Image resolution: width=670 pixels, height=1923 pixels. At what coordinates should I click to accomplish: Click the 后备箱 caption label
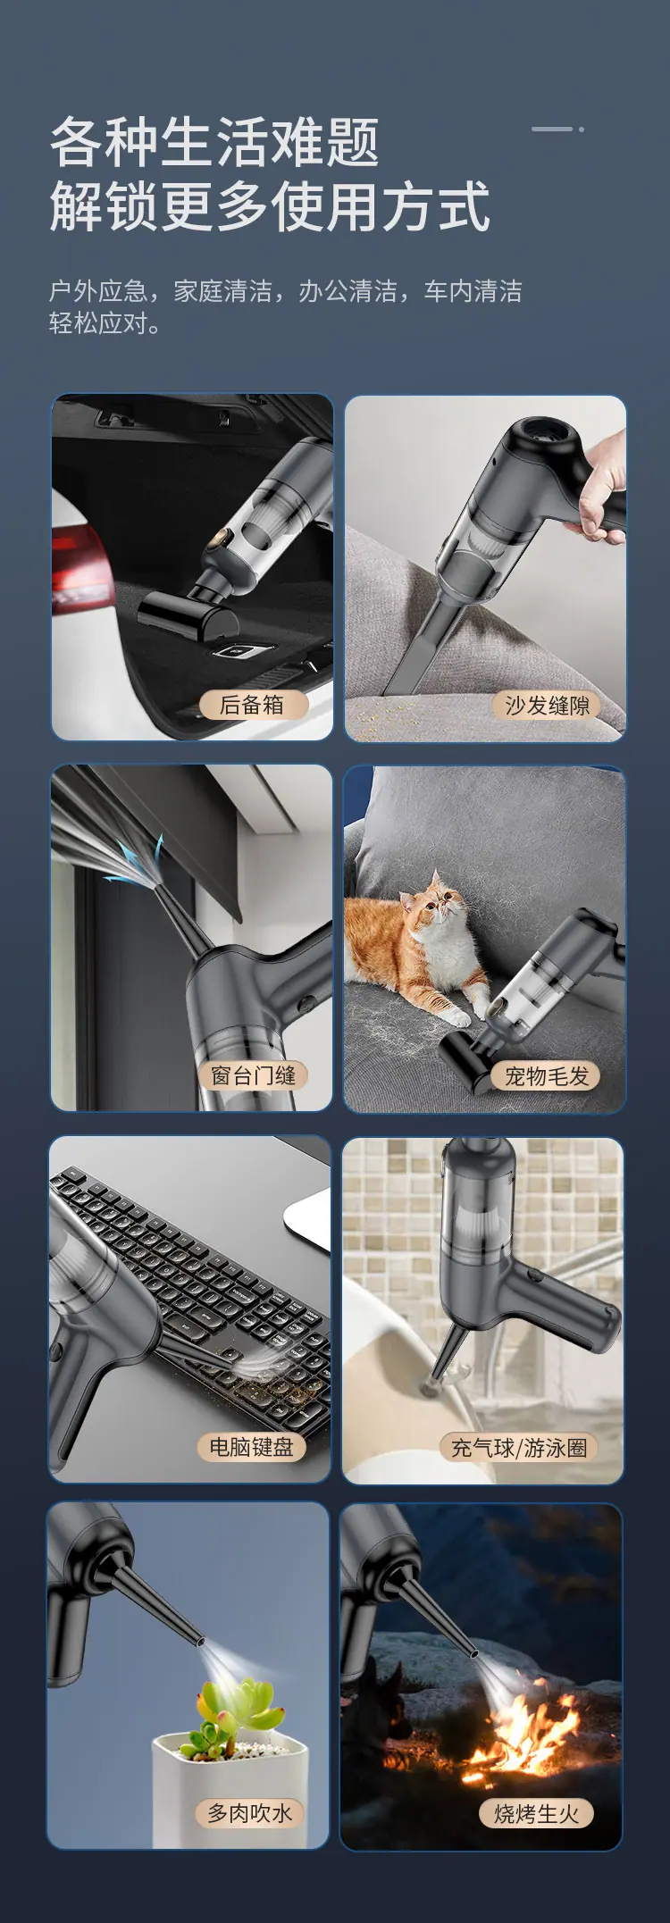[252, 705]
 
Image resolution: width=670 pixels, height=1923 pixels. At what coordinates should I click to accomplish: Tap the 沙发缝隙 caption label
[547, 706]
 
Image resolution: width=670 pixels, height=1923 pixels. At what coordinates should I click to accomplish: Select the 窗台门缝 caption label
[253, 1075]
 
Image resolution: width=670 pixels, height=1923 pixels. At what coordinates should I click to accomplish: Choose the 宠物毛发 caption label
[547, 1076]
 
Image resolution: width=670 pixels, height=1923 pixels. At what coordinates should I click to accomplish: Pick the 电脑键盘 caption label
[251, 1447]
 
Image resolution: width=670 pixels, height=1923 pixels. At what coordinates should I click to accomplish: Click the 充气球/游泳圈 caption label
[519, 1448]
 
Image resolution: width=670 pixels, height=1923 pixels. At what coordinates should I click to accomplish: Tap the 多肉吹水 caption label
[250, 1812]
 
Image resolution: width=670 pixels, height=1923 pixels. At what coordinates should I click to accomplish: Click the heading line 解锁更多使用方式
[270, 206]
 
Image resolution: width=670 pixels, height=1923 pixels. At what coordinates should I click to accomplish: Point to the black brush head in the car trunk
[188, 617]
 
